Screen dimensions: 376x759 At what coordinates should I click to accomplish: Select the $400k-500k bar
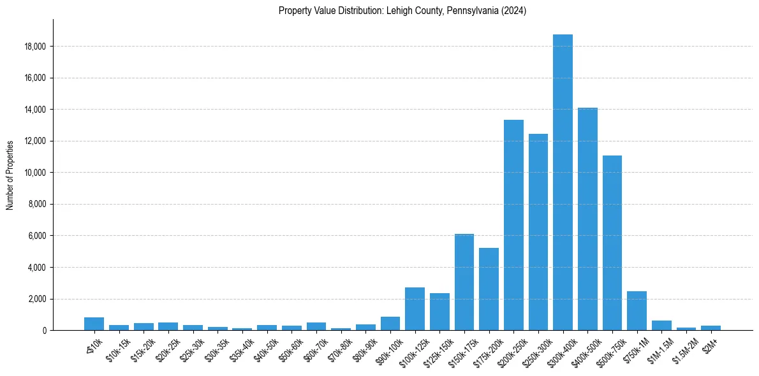point(587,219)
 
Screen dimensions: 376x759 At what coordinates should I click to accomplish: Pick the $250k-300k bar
point(538,232)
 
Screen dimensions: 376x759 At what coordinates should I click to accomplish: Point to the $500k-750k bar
point(612,243)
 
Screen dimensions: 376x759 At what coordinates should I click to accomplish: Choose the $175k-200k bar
point(489,289)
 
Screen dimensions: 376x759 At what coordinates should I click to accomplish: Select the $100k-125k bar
point(415,309)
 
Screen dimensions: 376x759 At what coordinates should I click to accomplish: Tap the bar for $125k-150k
point(439,312)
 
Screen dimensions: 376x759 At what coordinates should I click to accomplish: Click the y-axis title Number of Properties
point(10,175)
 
